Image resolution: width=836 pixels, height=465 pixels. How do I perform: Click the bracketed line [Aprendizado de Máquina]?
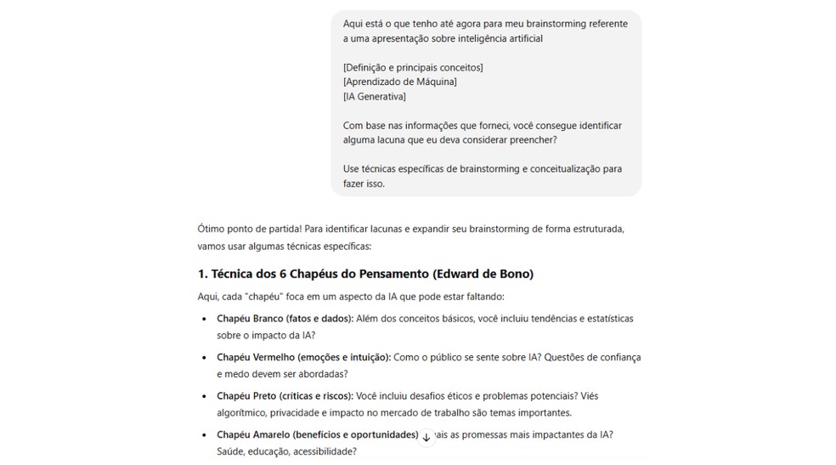(x=399, y=82)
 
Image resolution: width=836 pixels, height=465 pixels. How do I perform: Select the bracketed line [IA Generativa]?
(x=375, y=97)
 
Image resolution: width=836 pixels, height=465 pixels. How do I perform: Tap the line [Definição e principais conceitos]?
(x=413, y=67)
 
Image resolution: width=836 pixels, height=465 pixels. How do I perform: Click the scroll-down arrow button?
(x=426, y=437)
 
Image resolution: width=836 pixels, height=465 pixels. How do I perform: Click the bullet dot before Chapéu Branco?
(x=204, y=319)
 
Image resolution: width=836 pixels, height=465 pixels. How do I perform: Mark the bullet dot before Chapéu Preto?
(x=204, y=396)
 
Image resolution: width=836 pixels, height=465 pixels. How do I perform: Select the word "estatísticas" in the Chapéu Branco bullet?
(x=606, y=319)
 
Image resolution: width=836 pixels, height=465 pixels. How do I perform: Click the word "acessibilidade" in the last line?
(x=325, y=451)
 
